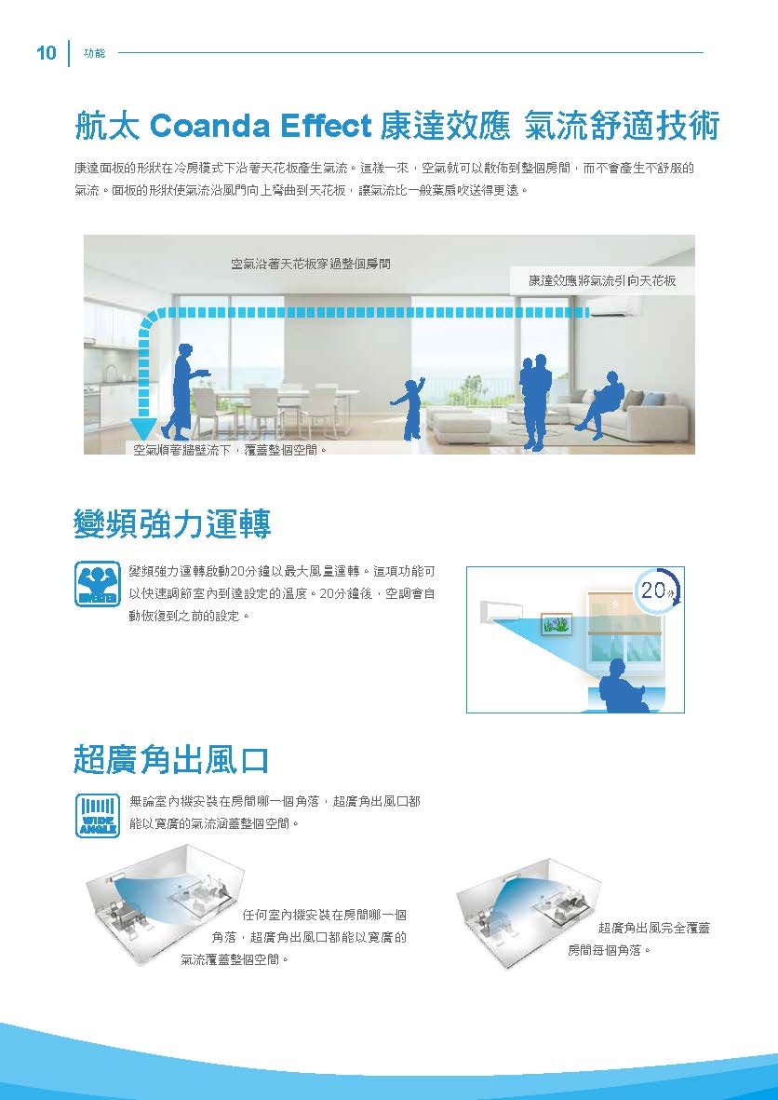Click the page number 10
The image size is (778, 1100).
click(x=46, y=53)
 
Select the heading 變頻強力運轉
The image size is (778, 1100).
click(x=172, y=524)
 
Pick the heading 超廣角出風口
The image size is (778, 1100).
click(x=171, y=760)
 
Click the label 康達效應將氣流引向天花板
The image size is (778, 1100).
click(x=601, y=280)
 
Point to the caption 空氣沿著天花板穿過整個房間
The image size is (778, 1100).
click(x=310, y=265)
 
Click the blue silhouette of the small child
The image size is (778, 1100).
click(x=409, y=409)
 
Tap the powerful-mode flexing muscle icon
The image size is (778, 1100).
click(x=97, y=584)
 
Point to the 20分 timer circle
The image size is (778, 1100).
click(x=656, y=590)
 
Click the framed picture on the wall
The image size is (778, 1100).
click(x=557, y=623)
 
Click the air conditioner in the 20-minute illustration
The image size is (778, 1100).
click(x=502, y=610)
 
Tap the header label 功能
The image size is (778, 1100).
click(x=94, y=54)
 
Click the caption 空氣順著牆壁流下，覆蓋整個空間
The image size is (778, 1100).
click(x=231, y=451)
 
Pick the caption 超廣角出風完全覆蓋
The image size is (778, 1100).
click(x=654, y=928)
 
